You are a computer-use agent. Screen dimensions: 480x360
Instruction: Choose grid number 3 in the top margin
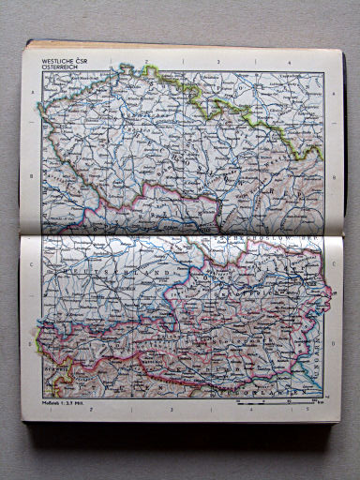click(217, 63)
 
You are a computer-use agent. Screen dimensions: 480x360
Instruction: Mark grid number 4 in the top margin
click(289, 63)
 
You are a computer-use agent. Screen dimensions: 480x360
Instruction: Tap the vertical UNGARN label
click(319, 361)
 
